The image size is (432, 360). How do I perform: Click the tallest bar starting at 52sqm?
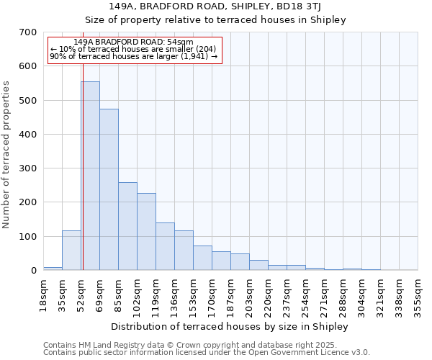pyautogui.click(x=90, y=176)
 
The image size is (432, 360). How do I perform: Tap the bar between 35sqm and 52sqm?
pyautogui.click(x=71, y=251)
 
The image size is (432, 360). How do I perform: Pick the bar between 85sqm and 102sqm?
pyautogui.click(x=127, y=226)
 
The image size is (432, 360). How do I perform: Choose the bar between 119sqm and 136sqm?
pyautogui.click(x=165, y=246)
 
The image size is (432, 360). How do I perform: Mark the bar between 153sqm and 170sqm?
pyautogui.click(x=202, y=258)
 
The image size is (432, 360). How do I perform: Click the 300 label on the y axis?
pyautogui.click(x=28, y=168)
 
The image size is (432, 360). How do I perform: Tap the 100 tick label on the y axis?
pyautogui.click(x=28, y=237)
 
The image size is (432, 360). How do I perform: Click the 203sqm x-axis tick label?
pyautogui.click(x=250, y=294)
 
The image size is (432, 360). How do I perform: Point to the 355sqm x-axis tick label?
pyautogui.click(x=418, y=294)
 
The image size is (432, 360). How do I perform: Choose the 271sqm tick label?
pyautogui.click(x=325, y=294)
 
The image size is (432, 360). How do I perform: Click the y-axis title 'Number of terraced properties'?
pyautogui.click(x=7, y=154)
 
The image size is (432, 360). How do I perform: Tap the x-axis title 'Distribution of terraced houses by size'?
pyautogui.click(x=230, y=326)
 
